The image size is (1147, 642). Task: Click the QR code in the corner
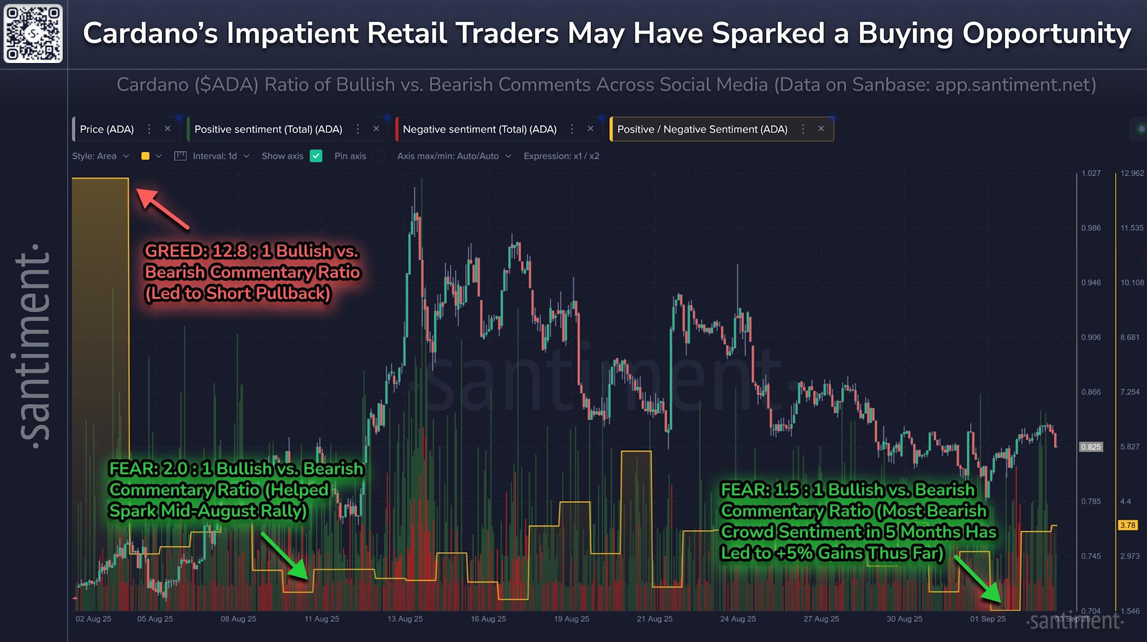coord(33,33)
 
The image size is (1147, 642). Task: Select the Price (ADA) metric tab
coord(107,129)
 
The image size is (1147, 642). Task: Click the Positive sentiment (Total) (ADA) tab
coord(268,129)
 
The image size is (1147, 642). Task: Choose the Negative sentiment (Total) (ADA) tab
coord(479,129)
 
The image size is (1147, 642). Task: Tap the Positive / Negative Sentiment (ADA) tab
coord(702,129)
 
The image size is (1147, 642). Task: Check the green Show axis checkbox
coord(316,156)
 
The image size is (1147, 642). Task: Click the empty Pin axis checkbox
coord(379,156)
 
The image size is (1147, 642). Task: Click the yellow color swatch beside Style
coord(145,156)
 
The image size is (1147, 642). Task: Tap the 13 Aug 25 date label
coord(405,619)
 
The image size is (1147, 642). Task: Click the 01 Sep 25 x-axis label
coord(987,619)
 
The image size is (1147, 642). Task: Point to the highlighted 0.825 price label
coord(1091,447)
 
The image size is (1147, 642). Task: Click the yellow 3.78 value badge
coord(1127,525)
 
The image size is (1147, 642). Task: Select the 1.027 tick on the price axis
coord(1091,173)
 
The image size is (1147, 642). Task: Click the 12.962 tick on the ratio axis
coord(1132,173)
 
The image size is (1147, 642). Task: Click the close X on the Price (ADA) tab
coord(167,129)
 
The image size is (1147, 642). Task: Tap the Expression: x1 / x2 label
coord(561,156)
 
